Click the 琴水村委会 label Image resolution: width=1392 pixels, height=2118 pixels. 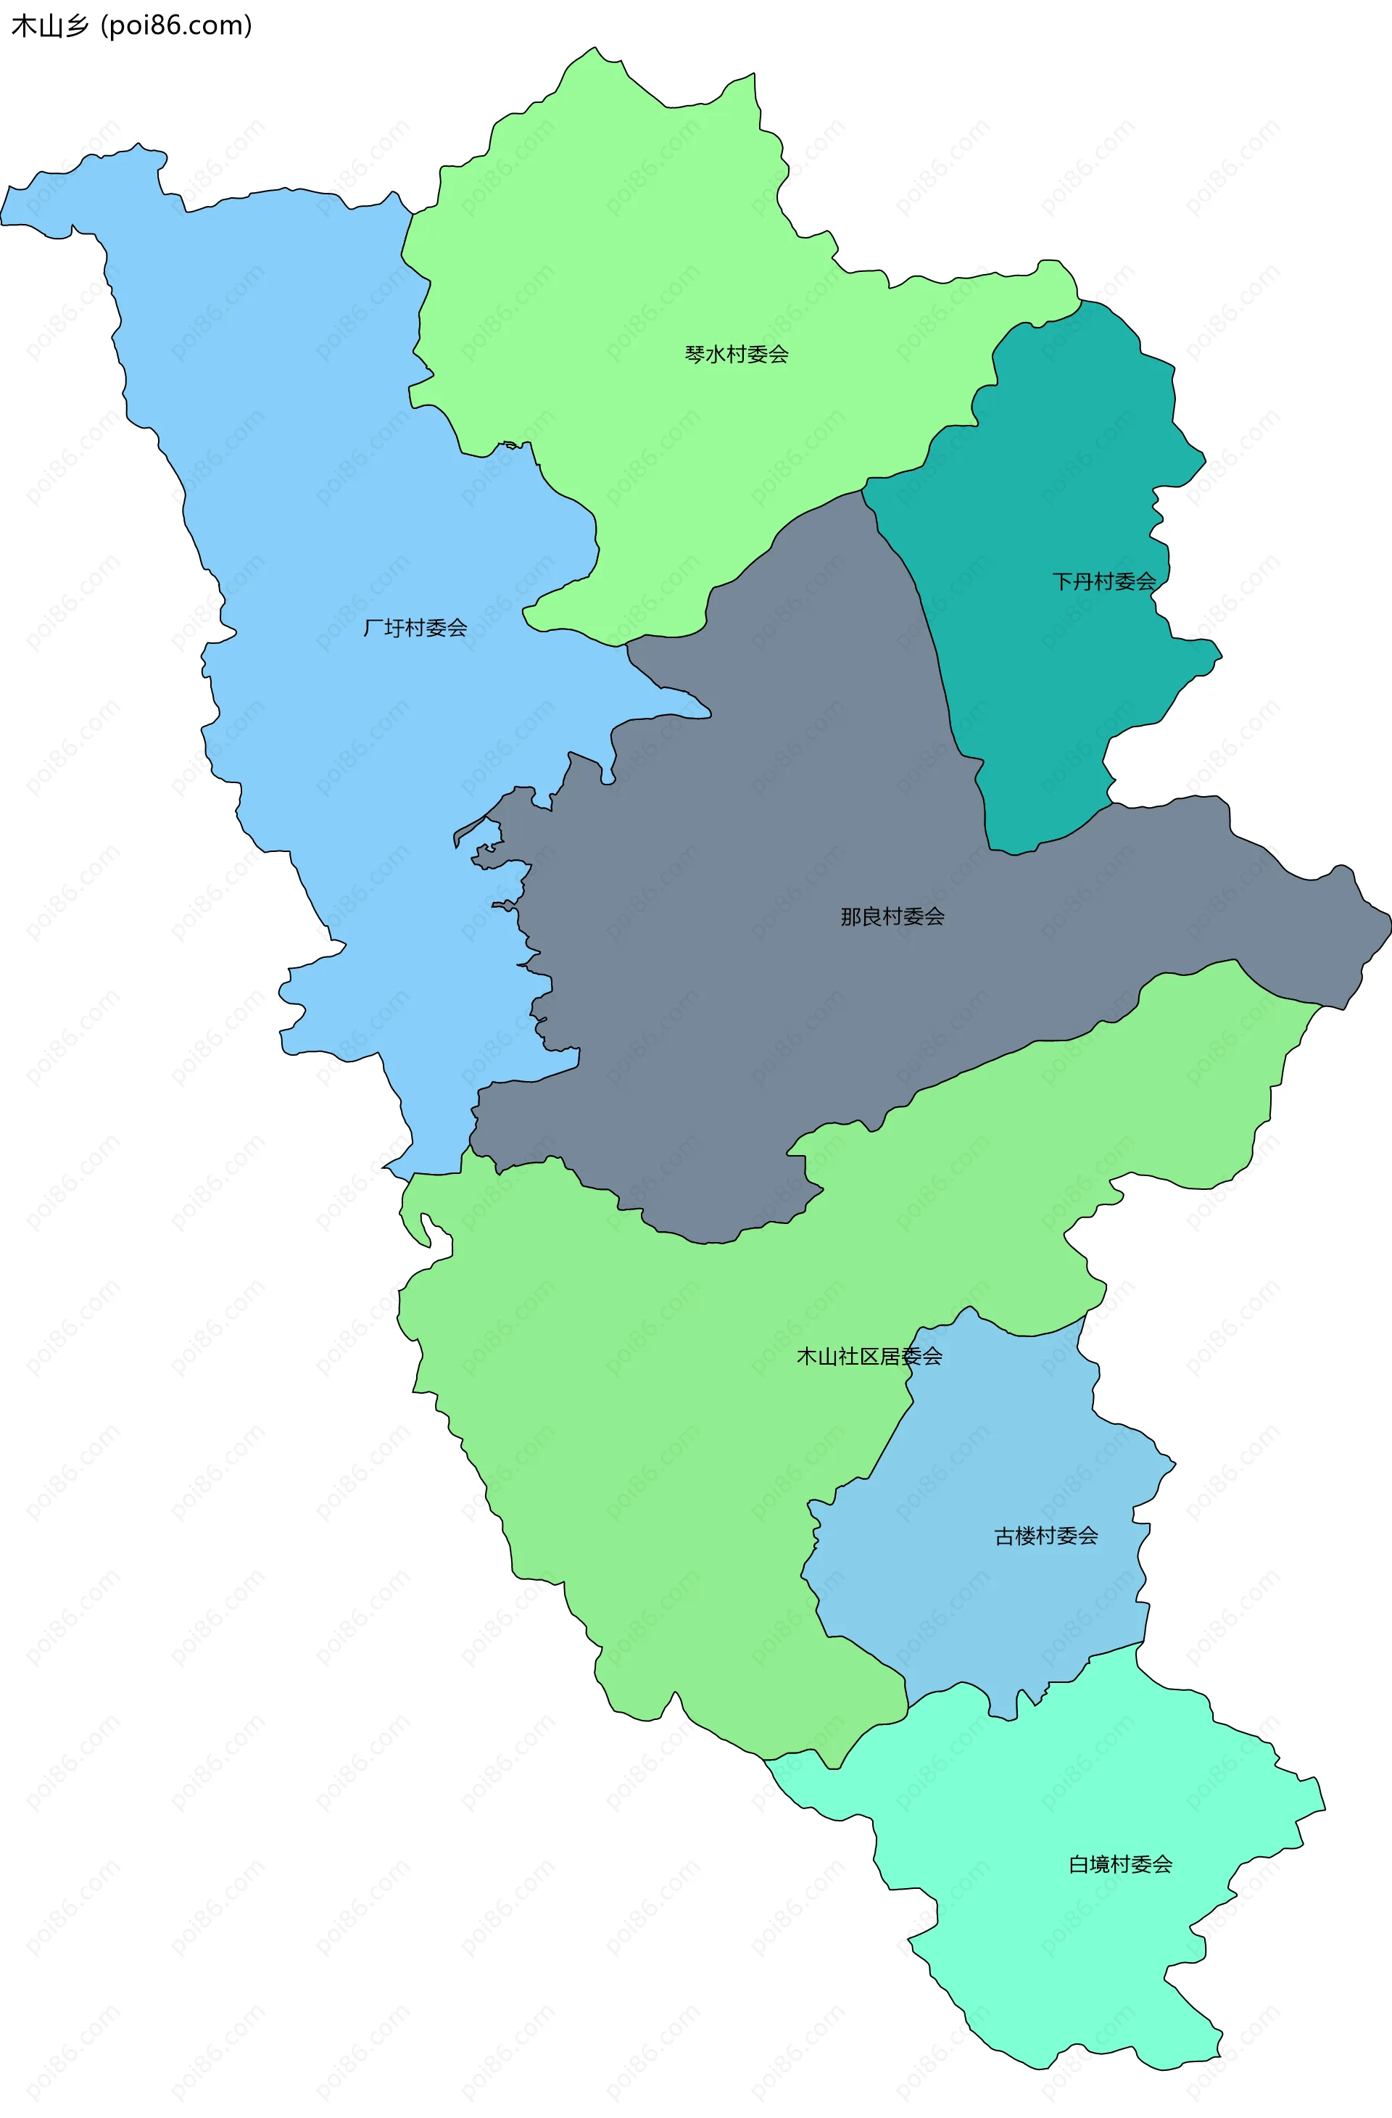tap(736, 354)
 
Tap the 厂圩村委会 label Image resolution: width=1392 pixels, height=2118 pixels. tap(415, 628)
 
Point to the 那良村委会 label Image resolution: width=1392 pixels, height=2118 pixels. tap(892, 917)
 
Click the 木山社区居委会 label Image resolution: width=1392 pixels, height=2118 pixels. tap(869, 1356)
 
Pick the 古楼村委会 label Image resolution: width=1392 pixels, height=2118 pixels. tap(1045, 1536)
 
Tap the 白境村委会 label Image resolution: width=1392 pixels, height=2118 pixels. tap(1119, 1864)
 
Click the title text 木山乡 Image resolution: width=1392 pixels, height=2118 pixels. tap(50, 26)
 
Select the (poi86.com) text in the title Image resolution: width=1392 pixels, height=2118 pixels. tap(176, 26)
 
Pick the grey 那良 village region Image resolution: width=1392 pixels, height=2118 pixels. tap(756, 1023)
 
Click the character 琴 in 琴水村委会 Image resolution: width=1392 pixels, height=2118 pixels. tap(695, 354)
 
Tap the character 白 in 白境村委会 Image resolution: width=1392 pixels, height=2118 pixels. tap(1079, 1864)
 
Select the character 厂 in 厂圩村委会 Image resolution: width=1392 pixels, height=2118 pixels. tap(373, 628)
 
